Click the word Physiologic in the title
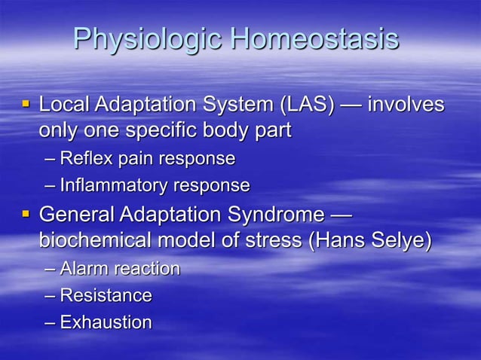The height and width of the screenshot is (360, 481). [148, 40]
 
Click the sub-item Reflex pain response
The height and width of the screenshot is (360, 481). [147, 158]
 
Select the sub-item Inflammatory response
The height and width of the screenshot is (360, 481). [155, 185]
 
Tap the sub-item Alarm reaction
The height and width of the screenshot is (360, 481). [120, 269]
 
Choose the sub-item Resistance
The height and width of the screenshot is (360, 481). [106, 295]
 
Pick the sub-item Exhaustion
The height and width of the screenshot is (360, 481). [106, 322]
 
